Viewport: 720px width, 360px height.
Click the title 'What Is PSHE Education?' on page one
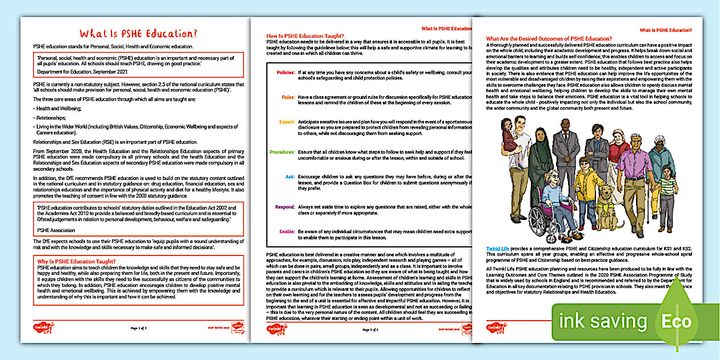[139, 33]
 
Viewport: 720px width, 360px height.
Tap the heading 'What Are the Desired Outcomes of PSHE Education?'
[549, 38]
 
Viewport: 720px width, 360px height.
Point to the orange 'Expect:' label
[287, 122]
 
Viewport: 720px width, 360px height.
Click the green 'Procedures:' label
[282, 151]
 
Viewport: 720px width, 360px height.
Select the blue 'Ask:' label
[290, 177]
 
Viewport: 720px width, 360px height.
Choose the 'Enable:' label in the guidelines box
[286, 231]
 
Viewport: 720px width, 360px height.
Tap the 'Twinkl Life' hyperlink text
[498, 249]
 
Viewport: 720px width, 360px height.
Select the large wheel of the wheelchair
[541, 216]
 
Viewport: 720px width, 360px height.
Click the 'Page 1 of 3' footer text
[139, 329]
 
